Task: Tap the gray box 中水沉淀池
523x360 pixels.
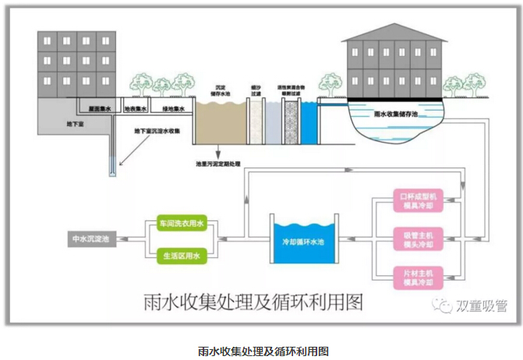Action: click(x=90, y=239)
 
